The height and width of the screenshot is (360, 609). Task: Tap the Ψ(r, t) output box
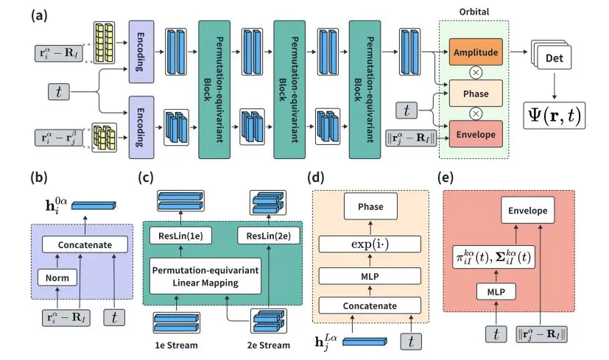pyautogui.click(x=555, y=117)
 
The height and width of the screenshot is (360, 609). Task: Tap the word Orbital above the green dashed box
pyautogui.click(x=474, y=11)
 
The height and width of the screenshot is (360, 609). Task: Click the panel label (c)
pyautogui.click(x=146, y=177)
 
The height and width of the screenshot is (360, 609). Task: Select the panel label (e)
pyautogui.click(x=447, y=177)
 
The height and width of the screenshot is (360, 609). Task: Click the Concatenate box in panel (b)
pyautogui.click(x=80, y=243)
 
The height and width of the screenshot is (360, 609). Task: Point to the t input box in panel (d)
pyautogui.click(x=411, y=341)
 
